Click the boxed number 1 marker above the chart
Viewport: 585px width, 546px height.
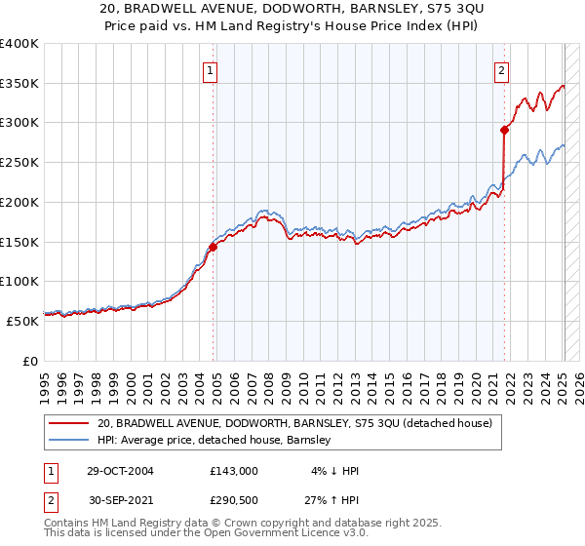(211, 70)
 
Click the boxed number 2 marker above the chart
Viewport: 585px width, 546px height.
(501, 70)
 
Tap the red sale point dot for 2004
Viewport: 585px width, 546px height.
(213, 247)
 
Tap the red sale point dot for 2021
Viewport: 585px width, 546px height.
(505, 129)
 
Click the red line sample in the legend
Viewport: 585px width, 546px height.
(68, 423)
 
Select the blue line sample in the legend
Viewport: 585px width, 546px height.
(68, 440)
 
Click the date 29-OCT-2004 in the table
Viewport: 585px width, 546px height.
(120, 471)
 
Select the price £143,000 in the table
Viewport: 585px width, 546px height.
(234, 471)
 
